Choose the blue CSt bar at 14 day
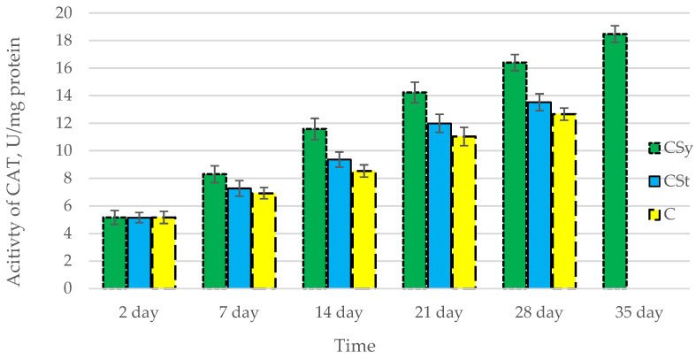(340, 224)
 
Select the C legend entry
(661, 213)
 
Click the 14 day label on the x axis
(340, 312)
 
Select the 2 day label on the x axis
(140, 312)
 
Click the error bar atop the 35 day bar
(615, 34)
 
